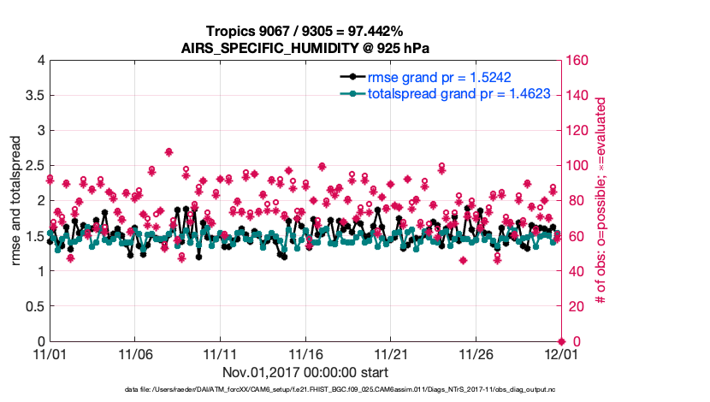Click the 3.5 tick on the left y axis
[x=33, y=95]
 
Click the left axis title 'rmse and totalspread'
[x=16, y=202]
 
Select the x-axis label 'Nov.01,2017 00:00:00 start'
[x=305, y=372]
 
